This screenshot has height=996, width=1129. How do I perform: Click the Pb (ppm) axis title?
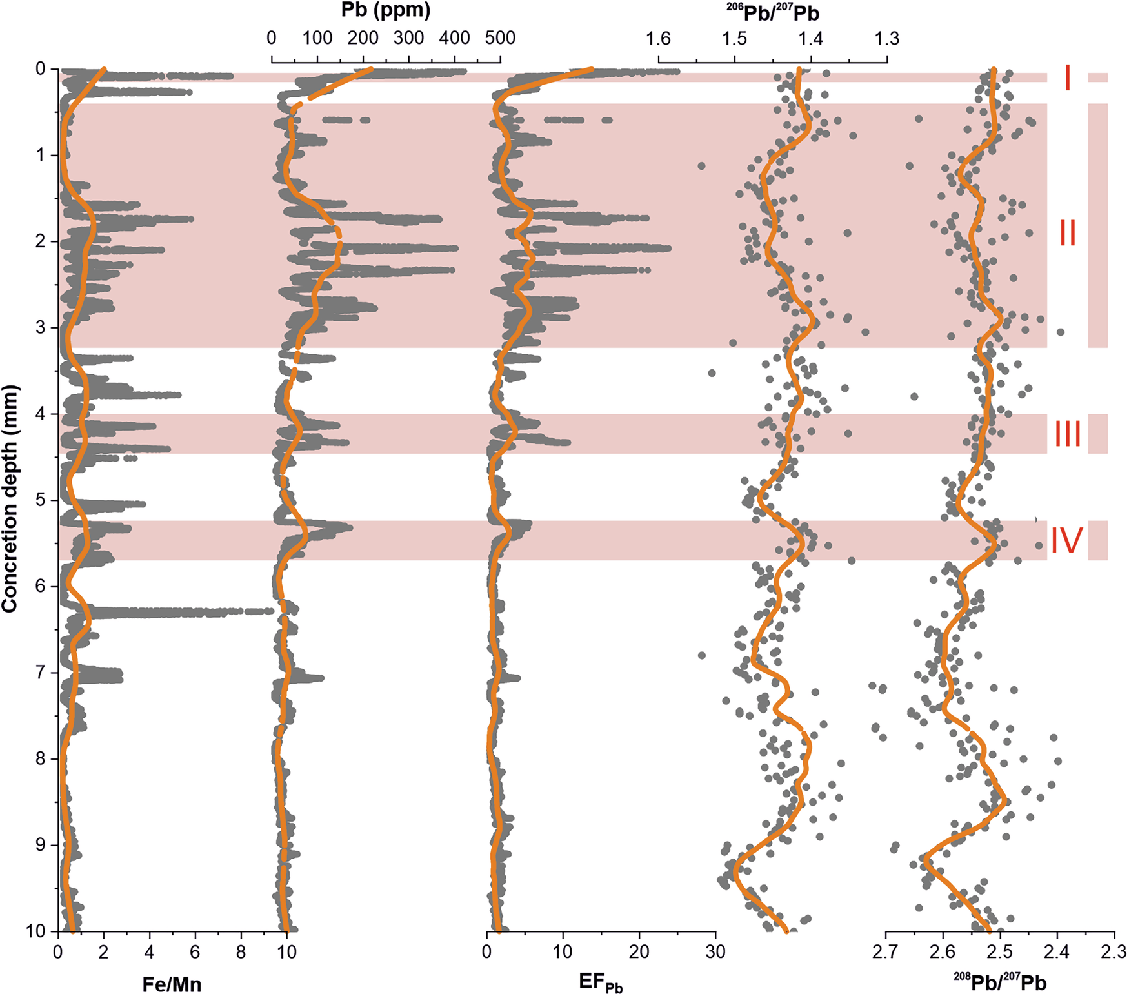click(386, 10)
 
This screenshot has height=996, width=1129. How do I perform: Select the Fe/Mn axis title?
click(172, 984)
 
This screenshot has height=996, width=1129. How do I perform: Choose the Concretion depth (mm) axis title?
click(10, 498)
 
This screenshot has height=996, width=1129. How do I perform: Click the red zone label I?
click(1067, 78)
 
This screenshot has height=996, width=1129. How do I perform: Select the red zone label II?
click(1067, 233)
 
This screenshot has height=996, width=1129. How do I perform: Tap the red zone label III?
click(1067, 434)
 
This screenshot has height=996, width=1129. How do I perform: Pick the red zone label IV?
click(1067, 541)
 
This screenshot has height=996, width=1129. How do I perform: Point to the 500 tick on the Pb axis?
click(501, 38)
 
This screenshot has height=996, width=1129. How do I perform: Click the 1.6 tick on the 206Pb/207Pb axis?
click(658, 39)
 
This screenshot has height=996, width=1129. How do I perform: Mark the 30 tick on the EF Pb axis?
click(715, 951)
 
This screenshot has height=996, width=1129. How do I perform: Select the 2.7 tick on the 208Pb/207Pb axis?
click(886, 951)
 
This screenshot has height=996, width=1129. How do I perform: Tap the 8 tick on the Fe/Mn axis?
click(241, 951)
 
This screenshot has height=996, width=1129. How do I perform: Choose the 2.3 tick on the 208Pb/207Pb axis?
click(1114, 951)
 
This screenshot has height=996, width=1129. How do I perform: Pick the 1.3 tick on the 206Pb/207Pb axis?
click(887, 39)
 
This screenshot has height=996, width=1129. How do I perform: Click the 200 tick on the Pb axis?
click(363, 38)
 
